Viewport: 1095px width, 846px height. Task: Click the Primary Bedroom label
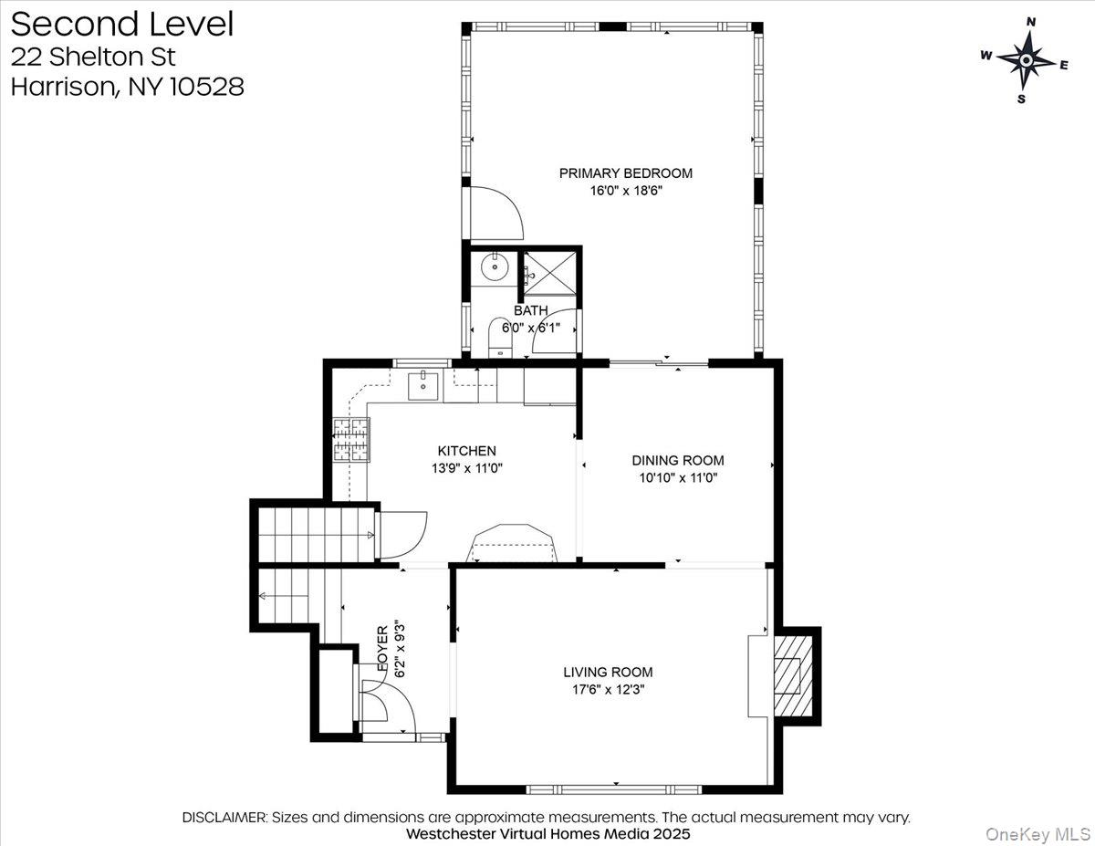pos(625,173)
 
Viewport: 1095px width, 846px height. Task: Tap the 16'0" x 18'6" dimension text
pos(625,191)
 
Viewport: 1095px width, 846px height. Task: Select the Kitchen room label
pos(466,451)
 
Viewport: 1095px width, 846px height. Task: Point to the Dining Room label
pos(678,460)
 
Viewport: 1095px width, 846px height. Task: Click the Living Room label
pos(608,672)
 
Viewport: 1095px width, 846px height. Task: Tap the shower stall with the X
pos(549,274)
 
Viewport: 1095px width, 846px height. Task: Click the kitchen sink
pos(422,385)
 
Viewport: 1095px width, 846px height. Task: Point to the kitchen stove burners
pos(351,440)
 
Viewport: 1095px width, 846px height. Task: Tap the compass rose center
pos(1025,61)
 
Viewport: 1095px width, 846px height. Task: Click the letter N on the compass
pos(1031,36)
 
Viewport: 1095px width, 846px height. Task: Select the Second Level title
pos(122,25)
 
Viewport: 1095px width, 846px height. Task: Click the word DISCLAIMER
pos(224,818)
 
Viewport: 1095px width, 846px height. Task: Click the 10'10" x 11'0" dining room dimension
pos(678,477)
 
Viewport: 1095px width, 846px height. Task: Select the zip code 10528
pos(206,87)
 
